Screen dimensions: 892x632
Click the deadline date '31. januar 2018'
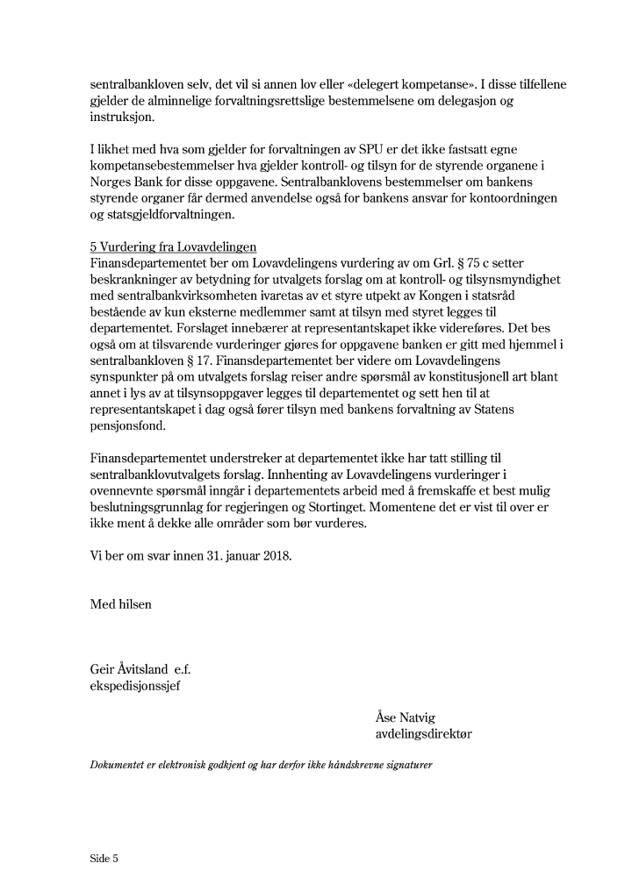pos(249,555)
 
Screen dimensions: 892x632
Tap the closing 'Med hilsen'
pos(120,603)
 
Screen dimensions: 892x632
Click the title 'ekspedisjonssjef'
pos(134,686)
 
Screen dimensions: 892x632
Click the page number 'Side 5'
pos(104,858)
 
